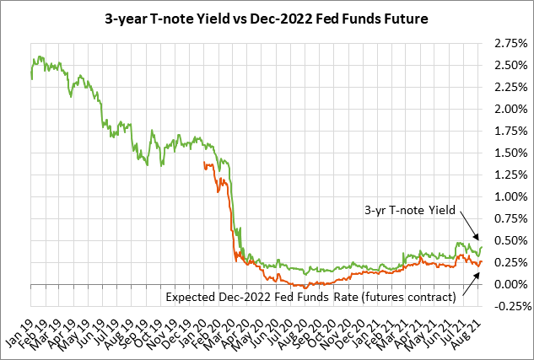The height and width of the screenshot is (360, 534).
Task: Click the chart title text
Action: (267, 16)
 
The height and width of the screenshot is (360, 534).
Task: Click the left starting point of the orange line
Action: (205, 164)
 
